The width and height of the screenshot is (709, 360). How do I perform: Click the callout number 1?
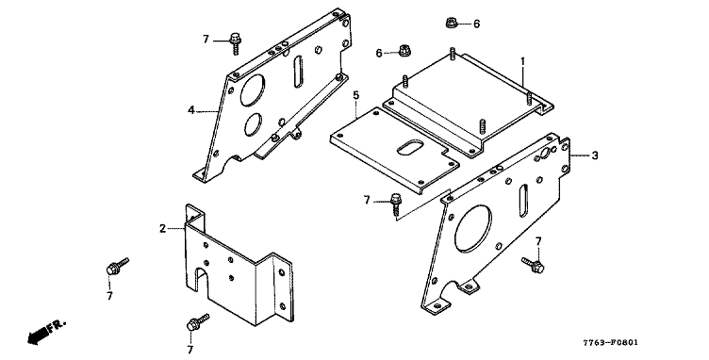pyautogui.click(x=522, y=61)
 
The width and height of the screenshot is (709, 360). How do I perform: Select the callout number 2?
pyautogui.click(x=163, y=229)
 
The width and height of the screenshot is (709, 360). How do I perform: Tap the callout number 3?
pyautogui.click(x=595, y=155)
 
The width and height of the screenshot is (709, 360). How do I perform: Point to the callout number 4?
pyautogui.click(x=191, y=109)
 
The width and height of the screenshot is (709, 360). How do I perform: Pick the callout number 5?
pyautogui.click(x=356, y=95)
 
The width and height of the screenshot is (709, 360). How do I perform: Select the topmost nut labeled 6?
pyautogui.click(x=452, y=22)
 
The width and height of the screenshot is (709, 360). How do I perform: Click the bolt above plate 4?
pyautogui.click(x=235, y=43)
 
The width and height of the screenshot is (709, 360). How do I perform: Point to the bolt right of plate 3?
pyautogui.click(x=533, y=265)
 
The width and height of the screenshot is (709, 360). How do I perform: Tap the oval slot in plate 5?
pyautogui.click(x=410, y=147)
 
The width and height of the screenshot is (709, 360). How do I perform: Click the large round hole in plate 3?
pyautogui.click(x=473, y=229)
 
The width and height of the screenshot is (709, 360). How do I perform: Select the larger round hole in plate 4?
pyautogui.click(x=253, y=90)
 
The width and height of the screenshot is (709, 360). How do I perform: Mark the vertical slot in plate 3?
pyautogui.click(x=524, y=201)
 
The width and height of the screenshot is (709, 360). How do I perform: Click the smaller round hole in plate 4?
pyautogui.click(x=254, y=124)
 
